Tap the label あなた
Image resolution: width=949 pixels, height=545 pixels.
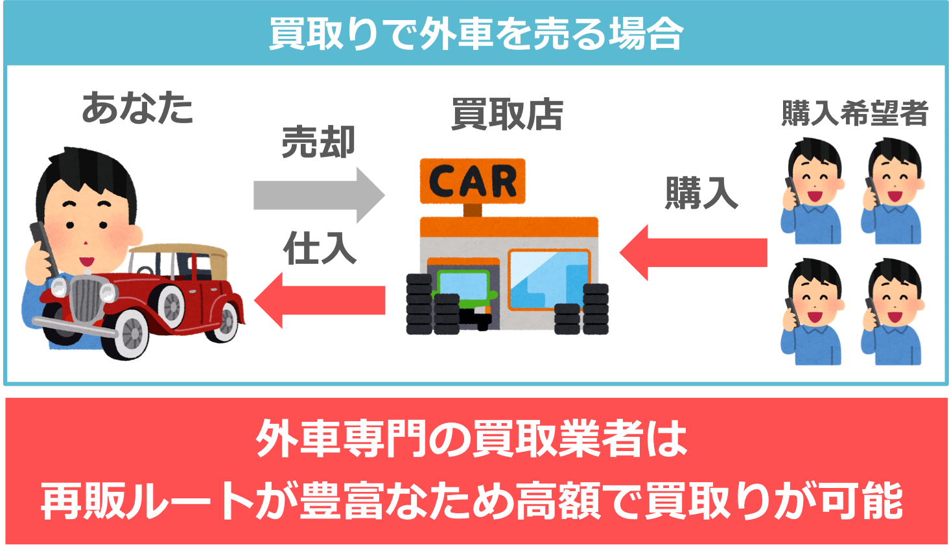click(x=137, y=108)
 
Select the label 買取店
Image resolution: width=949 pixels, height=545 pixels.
click(x=507, y=115)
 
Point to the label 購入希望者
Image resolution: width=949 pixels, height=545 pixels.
click(x=854, y=113)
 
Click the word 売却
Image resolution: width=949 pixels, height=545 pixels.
click(x=318, y=142)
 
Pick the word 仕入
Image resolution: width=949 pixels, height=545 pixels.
click(x=320, y=248)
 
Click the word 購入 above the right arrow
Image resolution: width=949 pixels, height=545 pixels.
click(x=701, y=192)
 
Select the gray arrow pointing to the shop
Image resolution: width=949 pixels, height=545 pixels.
click(x=318, y=195)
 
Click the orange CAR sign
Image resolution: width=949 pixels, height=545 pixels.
click(x=473, y=181)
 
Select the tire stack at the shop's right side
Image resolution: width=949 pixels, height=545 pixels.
click(x=582, y=310)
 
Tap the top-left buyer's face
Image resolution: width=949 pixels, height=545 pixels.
click(x=815, y=178)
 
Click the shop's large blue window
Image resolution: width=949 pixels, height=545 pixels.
click(x=549, y=279)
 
